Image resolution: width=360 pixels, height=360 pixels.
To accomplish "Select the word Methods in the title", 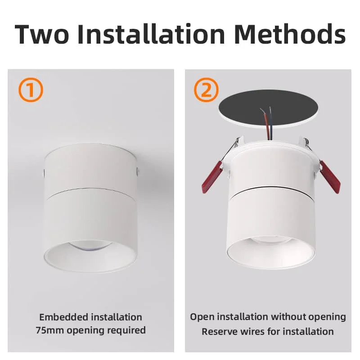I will point(289,34).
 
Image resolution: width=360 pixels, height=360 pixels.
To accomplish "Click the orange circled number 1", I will point(31,90).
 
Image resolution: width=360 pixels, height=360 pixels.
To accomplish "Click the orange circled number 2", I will point(206,90).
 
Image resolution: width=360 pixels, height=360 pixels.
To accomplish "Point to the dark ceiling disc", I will point(268,107).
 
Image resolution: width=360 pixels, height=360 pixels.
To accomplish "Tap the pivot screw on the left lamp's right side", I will point(136,171).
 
